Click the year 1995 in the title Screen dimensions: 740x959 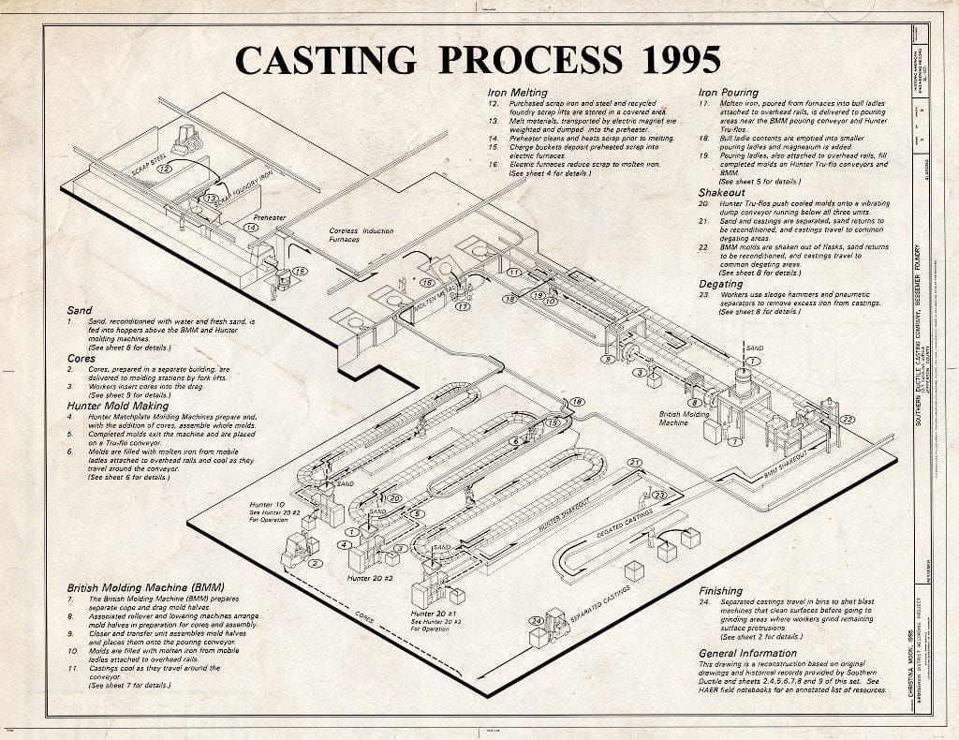click(661, 59)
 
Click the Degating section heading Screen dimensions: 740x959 click(721, 284)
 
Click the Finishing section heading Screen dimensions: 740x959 click(721, 591)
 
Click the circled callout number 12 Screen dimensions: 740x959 click(165, 169)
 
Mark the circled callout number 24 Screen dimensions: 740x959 click(537, 621)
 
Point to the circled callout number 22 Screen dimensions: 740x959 click(847, 419)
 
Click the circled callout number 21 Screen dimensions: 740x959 click(635, 463)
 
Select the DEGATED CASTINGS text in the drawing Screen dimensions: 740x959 click(625, 525)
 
